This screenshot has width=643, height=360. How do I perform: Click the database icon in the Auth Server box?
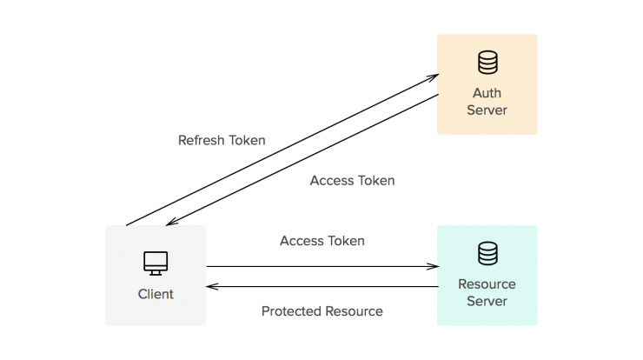487,63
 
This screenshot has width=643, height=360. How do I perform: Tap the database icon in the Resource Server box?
487,253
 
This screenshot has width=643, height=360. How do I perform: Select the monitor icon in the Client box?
156,263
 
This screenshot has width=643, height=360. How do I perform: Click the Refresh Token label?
222,140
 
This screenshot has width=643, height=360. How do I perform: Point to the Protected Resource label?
322,311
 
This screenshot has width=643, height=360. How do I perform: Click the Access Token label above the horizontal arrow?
322,241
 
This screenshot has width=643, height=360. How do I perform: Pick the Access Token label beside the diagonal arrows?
352,181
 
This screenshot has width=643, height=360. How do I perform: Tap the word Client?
156,294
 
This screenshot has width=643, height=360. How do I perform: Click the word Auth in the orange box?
487,93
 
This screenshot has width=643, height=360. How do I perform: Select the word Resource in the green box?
487,284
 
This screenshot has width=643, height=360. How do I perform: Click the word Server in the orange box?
487,110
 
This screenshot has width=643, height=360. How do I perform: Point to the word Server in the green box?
487,301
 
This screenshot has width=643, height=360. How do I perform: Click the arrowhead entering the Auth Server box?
434,77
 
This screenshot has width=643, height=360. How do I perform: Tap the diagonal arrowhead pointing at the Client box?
171,222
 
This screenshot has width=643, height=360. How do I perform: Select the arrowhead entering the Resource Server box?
434,266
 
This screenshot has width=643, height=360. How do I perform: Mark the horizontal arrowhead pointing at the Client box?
212,287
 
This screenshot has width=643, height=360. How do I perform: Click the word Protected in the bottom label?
291,311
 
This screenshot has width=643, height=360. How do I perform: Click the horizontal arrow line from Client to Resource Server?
322,266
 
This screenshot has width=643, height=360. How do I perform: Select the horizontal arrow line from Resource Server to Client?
322,287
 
